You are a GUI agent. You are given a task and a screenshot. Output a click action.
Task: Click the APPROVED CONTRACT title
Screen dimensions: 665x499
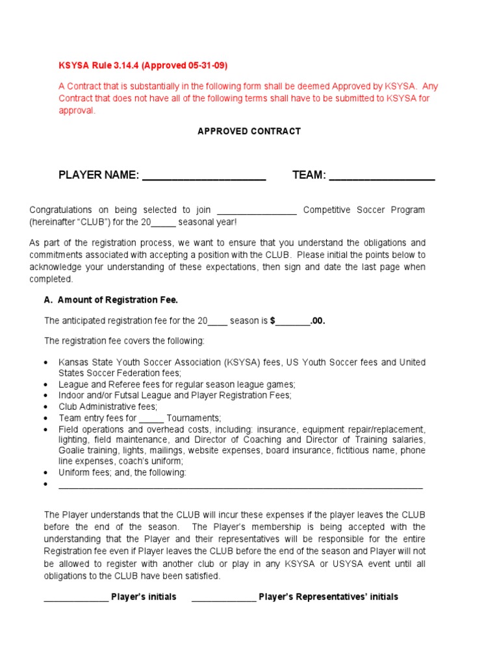pyautogui.click(x=249, y=131)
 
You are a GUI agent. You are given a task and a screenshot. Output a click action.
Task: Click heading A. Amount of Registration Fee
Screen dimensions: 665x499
pyautogui.click(x=110, y=299)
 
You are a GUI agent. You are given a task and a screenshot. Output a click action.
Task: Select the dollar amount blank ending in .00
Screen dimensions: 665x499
pyautogui.click(x=293, y=321)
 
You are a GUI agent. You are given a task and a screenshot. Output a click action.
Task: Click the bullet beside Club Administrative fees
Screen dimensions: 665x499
pyautogui.click(x=45, y=407)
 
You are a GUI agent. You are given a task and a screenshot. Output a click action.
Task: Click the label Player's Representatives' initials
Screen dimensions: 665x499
pyautogui.click(x=328, y=597)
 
